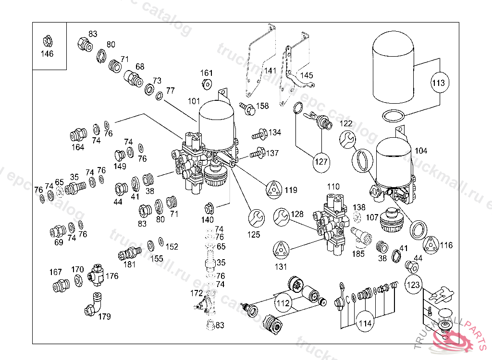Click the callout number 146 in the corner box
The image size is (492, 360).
coord(47,54)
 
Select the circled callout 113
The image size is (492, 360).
coord(439,83)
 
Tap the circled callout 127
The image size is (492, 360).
coord(321,162)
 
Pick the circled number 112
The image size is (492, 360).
coord(283,303)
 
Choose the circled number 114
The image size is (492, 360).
coord(365,323)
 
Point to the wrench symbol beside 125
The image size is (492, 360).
coord(256,218)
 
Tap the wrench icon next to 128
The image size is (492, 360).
coord(282,217)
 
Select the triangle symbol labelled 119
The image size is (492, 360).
coord(274,190)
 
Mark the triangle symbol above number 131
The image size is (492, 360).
coord(280,251)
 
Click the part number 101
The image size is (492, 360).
coord(194,101)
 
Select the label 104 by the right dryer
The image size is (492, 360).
coord(421,151)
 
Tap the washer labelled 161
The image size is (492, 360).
coord(207,84)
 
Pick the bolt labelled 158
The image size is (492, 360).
coord(247,108)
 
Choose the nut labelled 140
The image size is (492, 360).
coord(209,208)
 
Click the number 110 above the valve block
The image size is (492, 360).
coord(333,186)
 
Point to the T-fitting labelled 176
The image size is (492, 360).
coord(96,276)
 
